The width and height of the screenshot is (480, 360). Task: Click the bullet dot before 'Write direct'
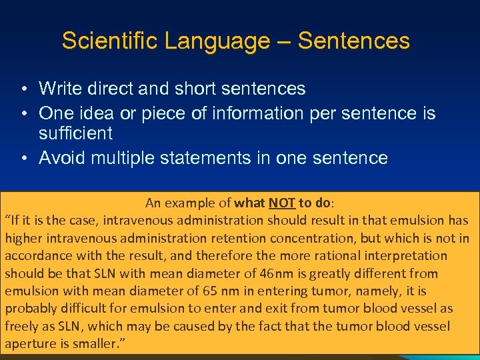click(23, 89)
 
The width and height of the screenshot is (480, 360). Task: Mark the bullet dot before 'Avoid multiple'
click(23, 159)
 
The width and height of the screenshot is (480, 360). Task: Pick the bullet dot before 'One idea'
click(23, 114)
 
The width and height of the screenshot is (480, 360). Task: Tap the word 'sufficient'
click(75, 133)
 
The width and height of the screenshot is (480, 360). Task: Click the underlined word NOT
click(283, 203)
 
